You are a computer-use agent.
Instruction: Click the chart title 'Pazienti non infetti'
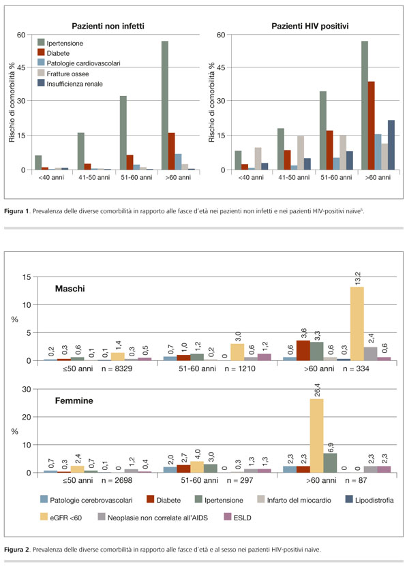tap(108, 27)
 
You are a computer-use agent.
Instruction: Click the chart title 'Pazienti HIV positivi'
tap(310, 27)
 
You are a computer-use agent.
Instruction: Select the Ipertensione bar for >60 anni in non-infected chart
tap(164, 106)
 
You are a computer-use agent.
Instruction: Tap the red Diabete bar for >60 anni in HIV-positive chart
tap(372, 125)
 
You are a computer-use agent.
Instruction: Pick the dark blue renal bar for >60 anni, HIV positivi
tap(391, 145)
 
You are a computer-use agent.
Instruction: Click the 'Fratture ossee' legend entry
tap(63, 74)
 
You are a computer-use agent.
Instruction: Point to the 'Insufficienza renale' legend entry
tap(70, 84)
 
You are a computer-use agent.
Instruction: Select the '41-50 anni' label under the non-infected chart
tap(94, 177)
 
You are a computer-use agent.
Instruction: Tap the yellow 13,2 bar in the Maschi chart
tap(357, 324)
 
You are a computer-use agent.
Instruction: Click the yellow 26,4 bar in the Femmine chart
tap(316, 436)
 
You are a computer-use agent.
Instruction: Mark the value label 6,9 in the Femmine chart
tap(331, 443)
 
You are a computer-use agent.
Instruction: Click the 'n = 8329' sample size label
tap(117, 368)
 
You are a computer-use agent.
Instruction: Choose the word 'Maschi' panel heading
tap(70, 289)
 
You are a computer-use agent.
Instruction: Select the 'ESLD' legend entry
tap(237, 518)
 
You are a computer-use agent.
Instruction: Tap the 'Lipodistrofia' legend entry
tap(370, 501)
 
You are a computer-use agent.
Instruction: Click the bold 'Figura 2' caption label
tap(16, 550)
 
